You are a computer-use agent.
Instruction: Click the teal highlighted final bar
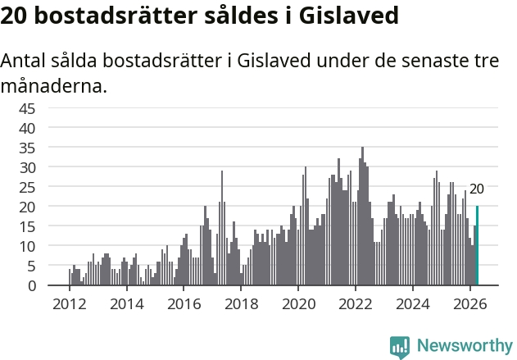[x=477, y=245]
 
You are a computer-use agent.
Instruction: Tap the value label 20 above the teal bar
[x=477, y=189]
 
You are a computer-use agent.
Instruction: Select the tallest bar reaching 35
[x=363, y=216]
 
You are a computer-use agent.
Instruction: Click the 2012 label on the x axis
[x=70, y=304]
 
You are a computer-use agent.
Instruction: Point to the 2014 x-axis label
[x=127, y=304]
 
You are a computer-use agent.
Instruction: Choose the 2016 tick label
[x=184, y=304]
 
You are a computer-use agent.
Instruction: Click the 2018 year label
[x=242, y=304]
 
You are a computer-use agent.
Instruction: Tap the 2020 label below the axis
[x=299, y=304]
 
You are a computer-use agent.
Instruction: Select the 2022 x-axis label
[x=356, y=304]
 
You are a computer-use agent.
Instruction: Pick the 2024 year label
[x=413, y=304]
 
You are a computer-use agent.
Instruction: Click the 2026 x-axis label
[x=470, y=304]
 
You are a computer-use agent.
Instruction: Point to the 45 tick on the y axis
[x=27, y=108]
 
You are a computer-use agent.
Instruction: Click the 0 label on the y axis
[x=32, y=285]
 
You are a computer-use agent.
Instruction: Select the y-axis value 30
[x=27, y=167]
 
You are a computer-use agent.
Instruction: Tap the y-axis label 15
[x=27, y=226]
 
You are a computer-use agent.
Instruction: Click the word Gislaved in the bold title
[x=349, y=16]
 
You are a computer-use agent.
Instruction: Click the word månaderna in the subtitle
[x=54, y=86]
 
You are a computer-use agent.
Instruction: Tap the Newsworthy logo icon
[x=400, y=347]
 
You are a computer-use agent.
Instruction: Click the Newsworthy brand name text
[x=465, y=345]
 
